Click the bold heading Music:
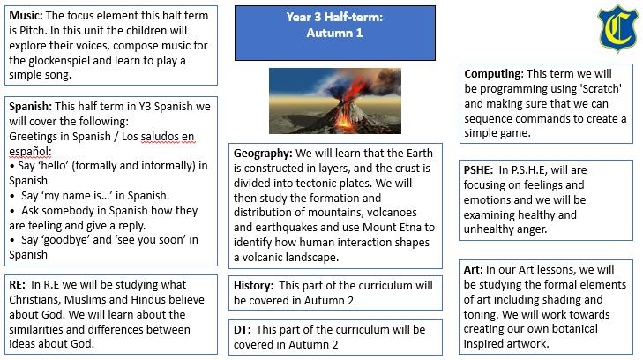[x=26, y=16]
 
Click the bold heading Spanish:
[x=30, y=107]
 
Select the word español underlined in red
[x=29, y=151]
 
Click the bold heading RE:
[x=17, y=284]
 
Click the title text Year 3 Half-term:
[x=334, y=18]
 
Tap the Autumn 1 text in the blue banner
[x=334, y=34]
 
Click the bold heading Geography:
[x=263, y=154]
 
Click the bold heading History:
[x=253, y=286]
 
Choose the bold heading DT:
[x=242, y=330]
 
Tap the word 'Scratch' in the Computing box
[x=602, y=89]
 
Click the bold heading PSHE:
[x=478, y=170]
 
